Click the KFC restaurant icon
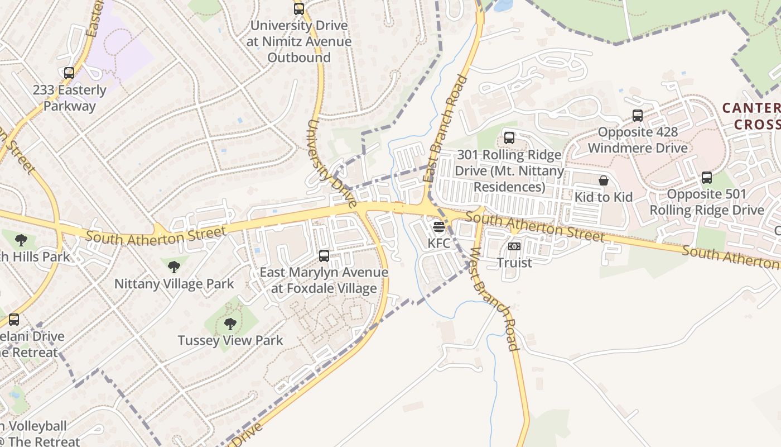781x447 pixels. [438, 227]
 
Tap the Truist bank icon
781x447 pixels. [514, 246]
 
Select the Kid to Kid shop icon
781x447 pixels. [604, 180]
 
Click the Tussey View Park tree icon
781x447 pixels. [230, 324]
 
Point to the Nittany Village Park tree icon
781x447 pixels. [174, 267]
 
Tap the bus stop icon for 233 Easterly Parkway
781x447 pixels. [69, 73]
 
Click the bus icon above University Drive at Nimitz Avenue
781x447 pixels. [299, 9]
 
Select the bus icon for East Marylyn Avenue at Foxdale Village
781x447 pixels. [324, 256]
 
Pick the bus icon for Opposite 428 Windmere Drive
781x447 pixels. [638, 116]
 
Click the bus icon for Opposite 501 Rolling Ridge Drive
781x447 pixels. [707, 178]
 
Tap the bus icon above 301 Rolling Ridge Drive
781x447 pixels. [509, 137]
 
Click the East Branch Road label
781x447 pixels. [445, 129]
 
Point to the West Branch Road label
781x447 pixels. [495, 299]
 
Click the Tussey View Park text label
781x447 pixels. [230, 340]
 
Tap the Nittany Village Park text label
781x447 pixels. [174, 284]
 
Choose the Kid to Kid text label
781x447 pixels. [604, 197]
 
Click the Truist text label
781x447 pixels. [514, 263]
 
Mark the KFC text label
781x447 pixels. [438, 244]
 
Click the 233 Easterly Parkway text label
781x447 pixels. [69, 98]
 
